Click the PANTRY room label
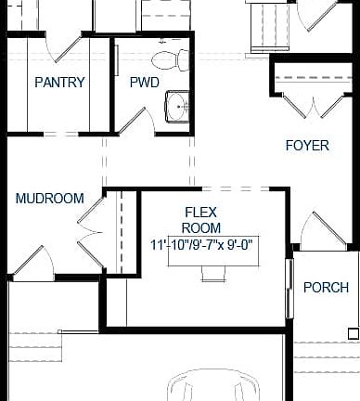59,83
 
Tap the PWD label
144,83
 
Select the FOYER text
307,145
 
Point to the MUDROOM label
49,199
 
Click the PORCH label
326,287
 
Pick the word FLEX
201,211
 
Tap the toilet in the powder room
167,60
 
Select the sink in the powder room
176,108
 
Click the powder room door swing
135,119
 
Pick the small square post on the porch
354,330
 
